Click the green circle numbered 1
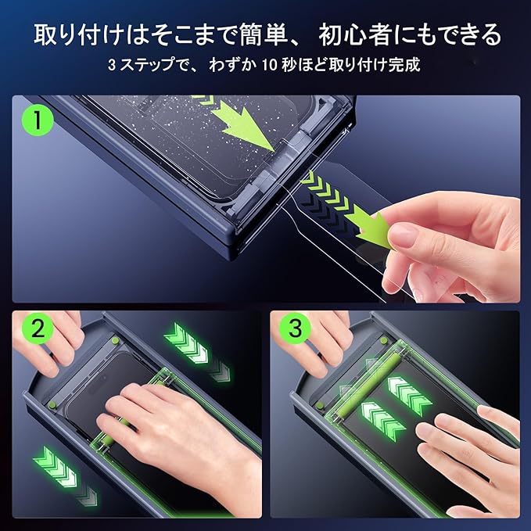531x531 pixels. [38, 120]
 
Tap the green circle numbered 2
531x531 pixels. [38, 328]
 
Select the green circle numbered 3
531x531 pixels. [296, 328]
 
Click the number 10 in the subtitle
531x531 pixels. [270, 65]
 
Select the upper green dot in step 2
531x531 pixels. [115, 340]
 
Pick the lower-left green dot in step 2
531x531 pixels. [52, 404]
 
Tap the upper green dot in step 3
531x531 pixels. [383, 340]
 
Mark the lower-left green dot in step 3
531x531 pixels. [319, 405]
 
